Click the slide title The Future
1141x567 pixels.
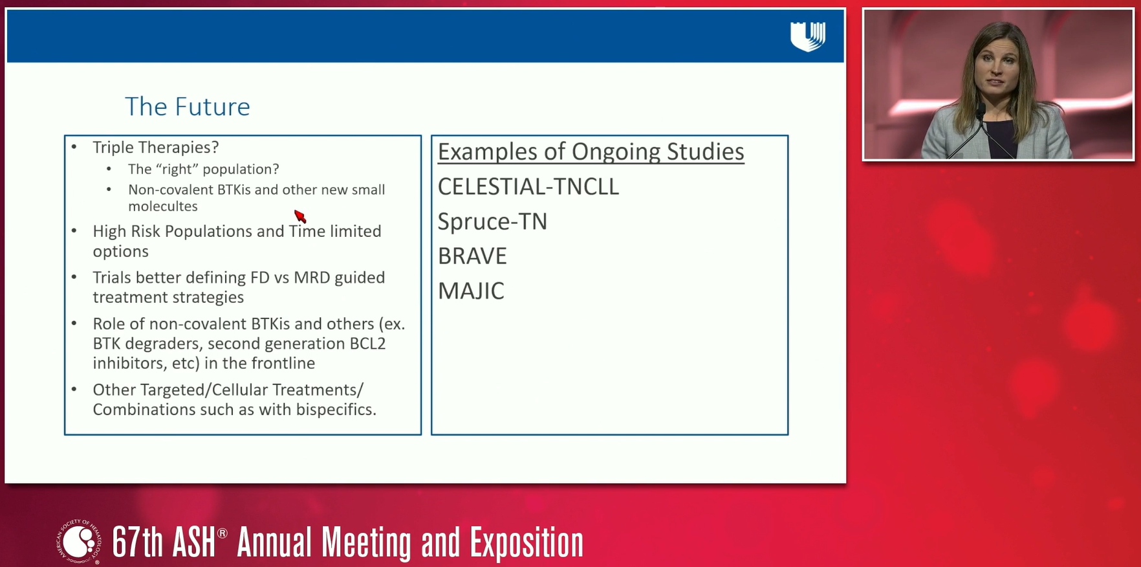(188, 107)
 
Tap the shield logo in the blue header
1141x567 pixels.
(808, 36)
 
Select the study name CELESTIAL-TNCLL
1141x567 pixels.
(528, 187)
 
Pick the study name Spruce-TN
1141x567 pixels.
(492, 221)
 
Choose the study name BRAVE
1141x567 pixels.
(472, 256)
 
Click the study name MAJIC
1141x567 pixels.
(471, 291)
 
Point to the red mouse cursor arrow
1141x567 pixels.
(299, 216)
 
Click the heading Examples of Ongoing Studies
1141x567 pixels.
(591, 152)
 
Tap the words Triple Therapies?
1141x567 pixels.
(156, 148)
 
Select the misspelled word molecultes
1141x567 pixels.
(163, 206)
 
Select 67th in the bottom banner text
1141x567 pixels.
(138, 542)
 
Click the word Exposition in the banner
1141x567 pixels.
(527, 542)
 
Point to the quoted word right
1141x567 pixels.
(177, 170)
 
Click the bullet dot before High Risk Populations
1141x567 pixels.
(74, 231)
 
